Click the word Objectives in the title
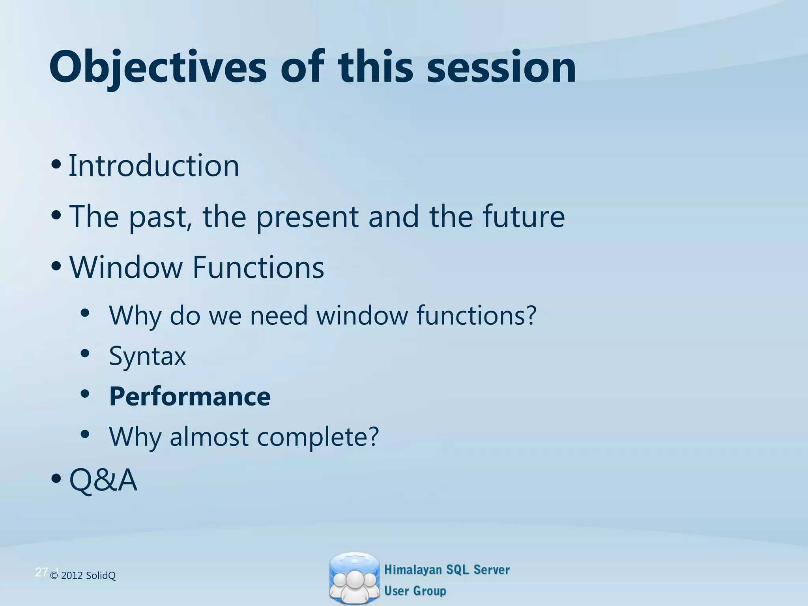(x=158, y=68)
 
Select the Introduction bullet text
(x=154, y=166)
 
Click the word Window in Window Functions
(x=126, y=267)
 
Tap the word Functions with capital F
(x=258, y=267)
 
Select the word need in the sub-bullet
(x=279, y=316)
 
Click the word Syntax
(x=147, y=357)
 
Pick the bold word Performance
(x=190, y=397)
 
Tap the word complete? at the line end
(x=318, y=438)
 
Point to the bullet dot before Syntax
(x=85, y=353)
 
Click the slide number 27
(x=41, y=572)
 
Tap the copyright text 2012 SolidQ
(x=88, y=576)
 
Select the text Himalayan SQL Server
(x=447, y=570)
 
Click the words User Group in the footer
(x=415, y=591)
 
